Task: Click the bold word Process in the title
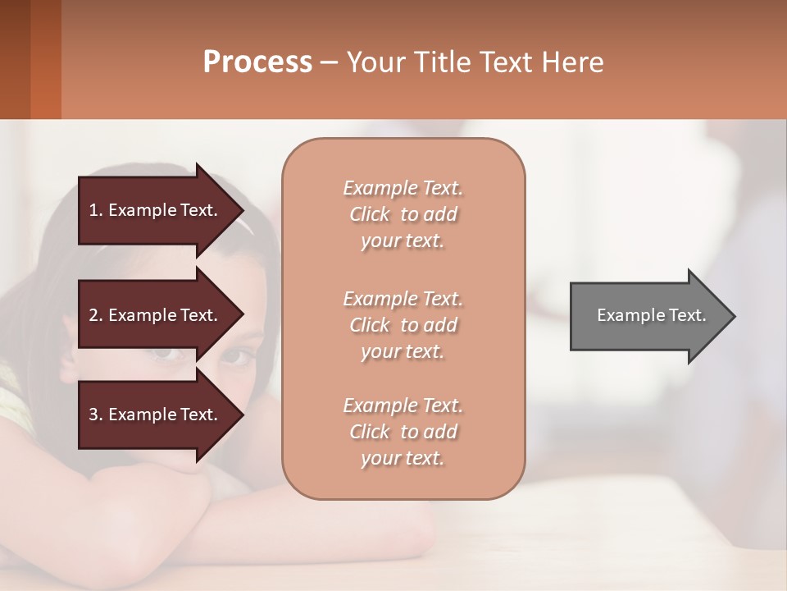coord(257,62)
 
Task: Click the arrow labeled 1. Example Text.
coord(156,210)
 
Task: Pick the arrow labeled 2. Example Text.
coord(156,315)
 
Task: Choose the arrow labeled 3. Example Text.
coord(156,415)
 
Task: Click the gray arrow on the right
coord(648,315)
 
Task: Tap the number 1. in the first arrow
coord(96,210)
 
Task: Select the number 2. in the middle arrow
coord(96,315)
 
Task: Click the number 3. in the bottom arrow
coord(96,415)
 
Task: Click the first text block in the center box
coord(403,214)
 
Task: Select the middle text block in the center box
coord(403,325)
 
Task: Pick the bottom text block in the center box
coord(403,432)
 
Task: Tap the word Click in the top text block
coord(370,215)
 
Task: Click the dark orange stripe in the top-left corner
coord(45,59)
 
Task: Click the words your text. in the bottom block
coord(403,458)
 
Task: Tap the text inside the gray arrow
coord(651,315)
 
